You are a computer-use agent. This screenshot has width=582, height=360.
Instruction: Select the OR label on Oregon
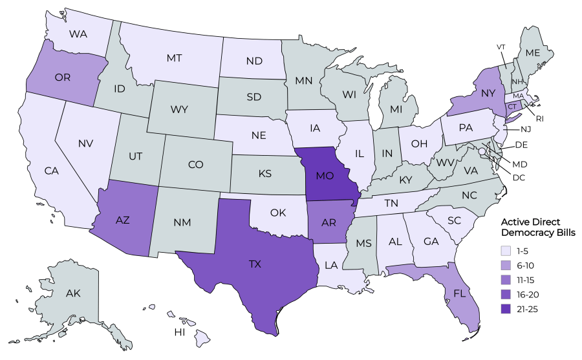pos(63,78)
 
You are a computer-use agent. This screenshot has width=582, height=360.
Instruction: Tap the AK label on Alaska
pos(73,293)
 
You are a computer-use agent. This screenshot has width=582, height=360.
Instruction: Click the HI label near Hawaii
pos(179,332)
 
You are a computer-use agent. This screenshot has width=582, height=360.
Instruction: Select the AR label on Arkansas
pos(329,222)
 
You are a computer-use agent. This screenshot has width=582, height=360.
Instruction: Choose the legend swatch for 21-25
pos(505,309)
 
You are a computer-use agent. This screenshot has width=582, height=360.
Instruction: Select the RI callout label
pos(539,118)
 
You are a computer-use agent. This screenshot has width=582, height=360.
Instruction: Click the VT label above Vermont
pos(501,47)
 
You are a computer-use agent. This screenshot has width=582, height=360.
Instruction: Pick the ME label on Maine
pos(533,52)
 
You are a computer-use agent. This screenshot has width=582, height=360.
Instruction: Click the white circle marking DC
pos(482,152)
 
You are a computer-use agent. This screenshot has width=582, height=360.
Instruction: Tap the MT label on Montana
pos(174,58)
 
